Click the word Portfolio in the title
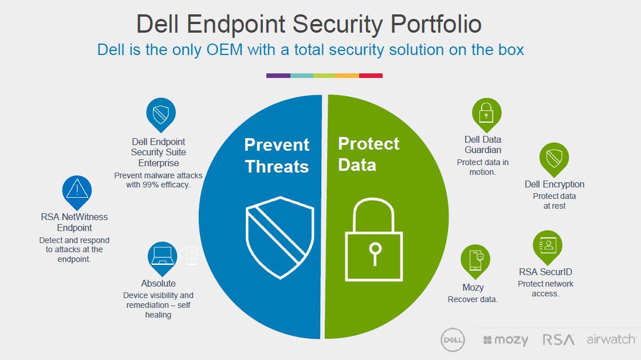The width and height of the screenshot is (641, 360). [436, 24]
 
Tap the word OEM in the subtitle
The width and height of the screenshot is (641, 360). [225, 50]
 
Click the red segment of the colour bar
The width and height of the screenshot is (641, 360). [371, 76]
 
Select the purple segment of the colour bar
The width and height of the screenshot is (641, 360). [278, 76]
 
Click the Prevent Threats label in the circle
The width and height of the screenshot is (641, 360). [277, 156]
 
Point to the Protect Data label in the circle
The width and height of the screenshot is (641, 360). [369, 154]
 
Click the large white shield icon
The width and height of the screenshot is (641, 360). [280, 238]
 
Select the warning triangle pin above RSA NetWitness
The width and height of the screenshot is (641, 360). [77, 192]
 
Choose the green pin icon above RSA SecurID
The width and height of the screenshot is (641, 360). [548, 247]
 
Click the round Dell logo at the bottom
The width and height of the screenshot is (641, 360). [453, 340]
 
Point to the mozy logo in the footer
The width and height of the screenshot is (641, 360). [506, 340]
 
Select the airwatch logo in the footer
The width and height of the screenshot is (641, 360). [611, 339]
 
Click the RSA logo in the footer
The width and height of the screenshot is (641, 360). [559, 339]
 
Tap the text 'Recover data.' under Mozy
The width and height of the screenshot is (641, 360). [473, 299]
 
